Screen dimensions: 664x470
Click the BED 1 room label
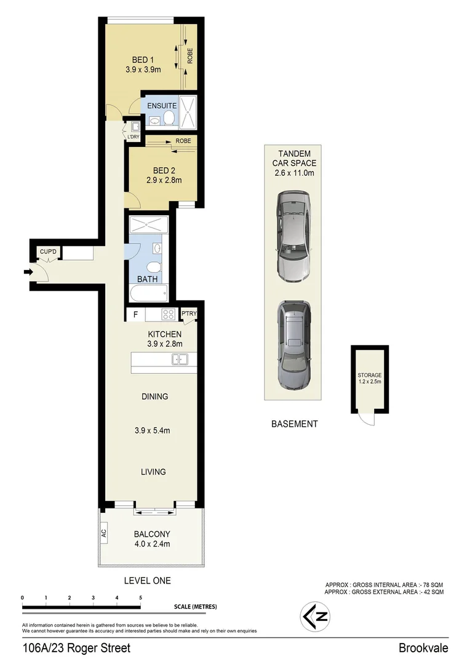coord(143,60)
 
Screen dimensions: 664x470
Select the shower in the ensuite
coord(188,112)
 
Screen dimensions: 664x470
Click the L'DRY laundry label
coord(133,136)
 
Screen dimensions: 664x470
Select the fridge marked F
coord(135,315)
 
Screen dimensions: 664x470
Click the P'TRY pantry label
coord(188,314)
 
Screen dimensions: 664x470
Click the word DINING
coord(154,397)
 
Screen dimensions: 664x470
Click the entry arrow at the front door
coord(28,272)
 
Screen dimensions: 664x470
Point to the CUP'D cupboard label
coord(47,252)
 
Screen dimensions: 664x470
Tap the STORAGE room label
coord(370,375)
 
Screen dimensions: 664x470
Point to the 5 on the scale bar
coord(140,597)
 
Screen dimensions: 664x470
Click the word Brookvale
coord(423,648)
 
